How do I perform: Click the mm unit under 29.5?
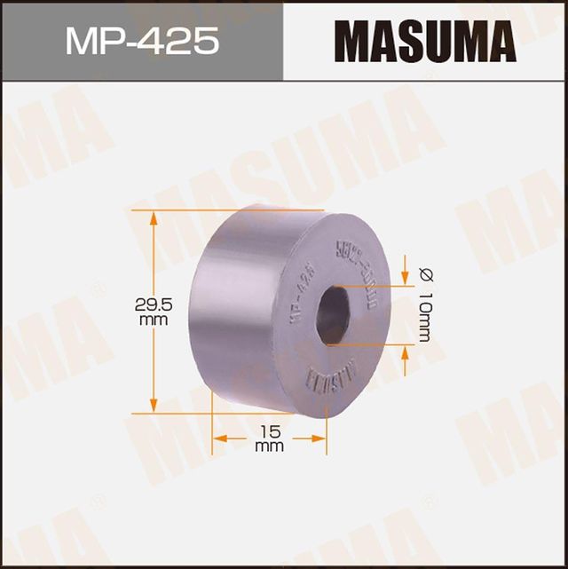pyautogui.click(x=153, y=319)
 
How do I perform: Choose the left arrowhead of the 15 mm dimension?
pyautogui.click(x=219, y=438)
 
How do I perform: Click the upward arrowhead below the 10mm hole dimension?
pyautogui.click(x=406, y=353)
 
